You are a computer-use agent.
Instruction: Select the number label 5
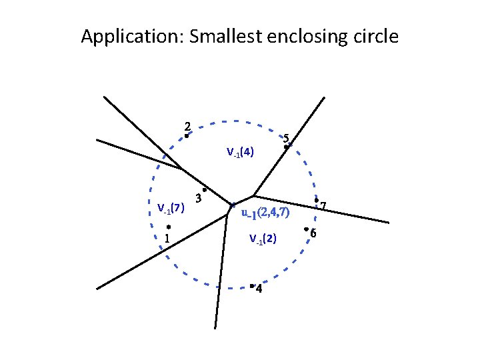click(286, 139)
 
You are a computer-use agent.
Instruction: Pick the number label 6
click(313, 233)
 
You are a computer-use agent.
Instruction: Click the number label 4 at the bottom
click(259, 289)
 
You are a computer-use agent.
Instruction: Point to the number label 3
click(198, 197)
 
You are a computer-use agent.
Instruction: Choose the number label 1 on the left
click(167, 238)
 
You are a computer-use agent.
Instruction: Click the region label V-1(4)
click(239, 152)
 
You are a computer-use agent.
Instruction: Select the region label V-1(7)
click(170, 208)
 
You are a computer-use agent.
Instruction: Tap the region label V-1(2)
click(263, 238)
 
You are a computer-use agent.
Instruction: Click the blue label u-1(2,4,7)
click(265, 214)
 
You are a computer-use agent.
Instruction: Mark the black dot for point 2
click(187, 137)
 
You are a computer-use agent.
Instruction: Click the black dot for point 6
click(305, 229)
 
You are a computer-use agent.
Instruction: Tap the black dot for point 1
click(169, 227)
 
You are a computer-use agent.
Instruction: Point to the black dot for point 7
click(316, 200)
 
